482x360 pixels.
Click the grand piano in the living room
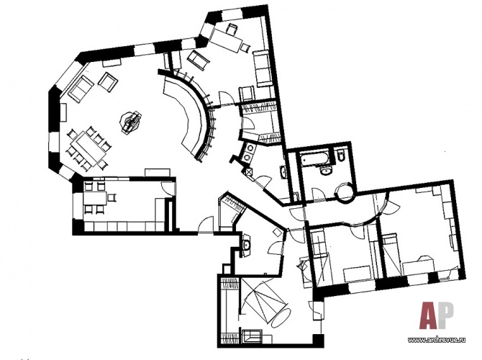pos(131,122)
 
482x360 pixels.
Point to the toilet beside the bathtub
pos(340,156)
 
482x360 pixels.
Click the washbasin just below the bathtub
pos(325,170)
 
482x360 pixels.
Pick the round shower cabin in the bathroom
pos(345,192)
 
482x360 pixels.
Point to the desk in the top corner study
pos(226,40)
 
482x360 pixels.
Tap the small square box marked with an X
pos(248,172)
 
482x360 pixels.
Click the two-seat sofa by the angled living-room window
pos(81,89)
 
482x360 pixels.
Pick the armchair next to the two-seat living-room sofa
pos(108,82)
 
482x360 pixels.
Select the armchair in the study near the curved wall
pos(199,60)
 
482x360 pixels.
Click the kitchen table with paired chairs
pos(95,199)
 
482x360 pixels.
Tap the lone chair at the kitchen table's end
pos(112,197)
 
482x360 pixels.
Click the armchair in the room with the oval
pos(252,336)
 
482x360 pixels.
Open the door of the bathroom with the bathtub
pos(319,194)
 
